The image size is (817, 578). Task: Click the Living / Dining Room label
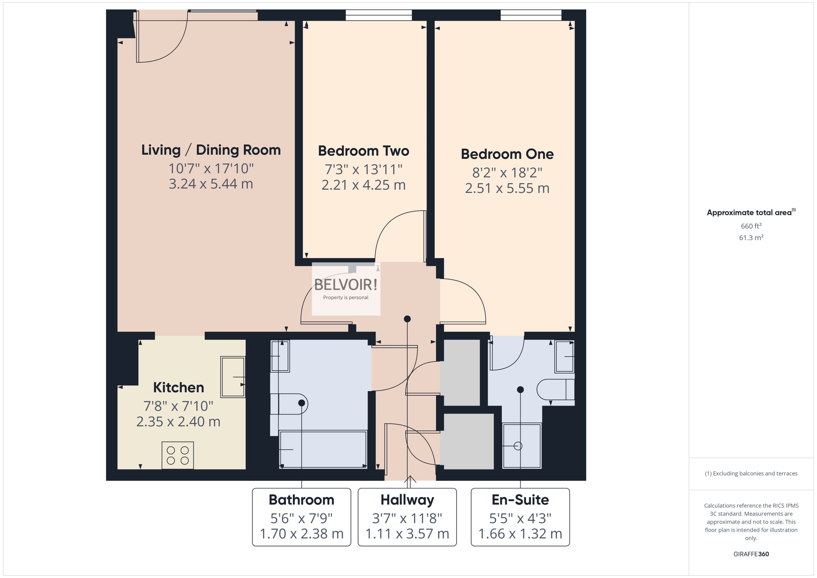[x=211, y=150]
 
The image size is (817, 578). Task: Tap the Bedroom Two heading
[x=363, y=151]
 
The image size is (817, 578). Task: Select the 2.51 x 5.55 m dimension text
[x=507, y=188]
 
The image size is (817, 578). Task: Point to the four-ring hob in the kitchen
[x=178, y=455]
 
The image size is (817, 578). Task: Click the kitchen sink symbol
[x=232, y=377]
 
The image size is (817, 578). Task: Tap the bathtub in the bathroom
[x=323, y=449]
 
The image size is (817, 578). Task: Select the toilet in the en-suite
[x=555, y=390]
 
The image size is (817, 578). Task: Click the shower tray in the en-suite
[x=521, y=446]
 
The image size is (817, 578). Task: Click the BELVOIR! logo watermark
[x=346, y=285]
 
